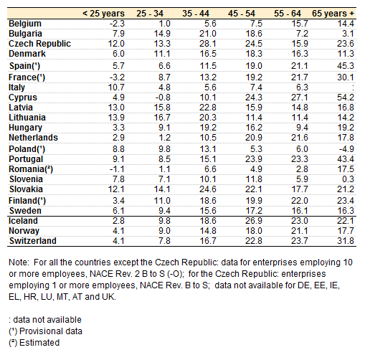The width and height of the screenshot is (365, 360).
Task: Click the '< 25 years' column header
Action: point(103,14)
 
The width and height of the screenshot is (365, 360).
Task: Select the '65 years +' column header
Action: point(333,14)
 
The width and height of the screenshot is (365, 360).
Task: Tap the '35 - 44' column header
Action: point(196,14)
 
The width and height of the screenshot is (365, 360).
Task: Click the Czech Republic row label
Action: point(39,44)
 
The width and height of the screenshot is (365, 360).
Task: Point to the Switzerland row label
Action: point(33,240)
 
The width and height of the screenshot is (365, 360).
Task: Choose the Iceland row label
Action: point(23,220)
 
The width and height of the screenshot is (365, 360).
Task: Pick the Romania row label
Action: point(31,169)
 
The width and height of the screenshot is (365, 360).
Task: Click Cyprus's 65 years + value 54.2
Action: point(346,98)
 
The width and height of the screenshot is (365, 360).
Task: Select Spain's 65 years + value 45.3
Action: point(346,66)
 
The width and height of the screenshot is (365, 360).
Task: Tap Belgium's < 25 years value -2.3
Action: point(117,24)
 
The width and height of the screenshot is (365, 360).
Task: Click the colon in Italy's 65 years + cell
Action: point(353,87)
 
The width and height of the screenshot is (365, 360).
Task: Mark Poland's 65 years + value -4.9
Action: point(346,149)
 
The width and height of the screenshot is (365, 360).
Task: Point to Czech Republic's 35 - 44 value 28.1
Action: point(208,44)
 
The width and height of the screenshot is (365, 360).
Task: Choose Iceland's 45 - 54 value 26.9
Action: point(254,221)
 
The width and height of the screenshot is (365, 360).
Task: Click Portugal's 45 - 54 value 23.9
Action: point(254,159)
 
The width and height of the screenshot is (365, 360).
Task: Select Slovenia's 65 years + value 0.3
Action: point(348,179)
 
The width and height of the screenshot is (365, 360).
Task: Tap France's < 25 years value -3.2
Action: point(117,77)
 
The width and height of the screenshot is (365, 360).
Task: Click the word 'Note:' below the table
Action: point(19,262)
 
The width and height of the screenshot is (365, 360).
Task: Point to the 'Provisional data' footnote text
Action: point(51,331)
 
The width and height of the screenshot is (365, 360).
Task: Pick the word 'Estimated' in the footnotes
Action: point(39,343)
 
